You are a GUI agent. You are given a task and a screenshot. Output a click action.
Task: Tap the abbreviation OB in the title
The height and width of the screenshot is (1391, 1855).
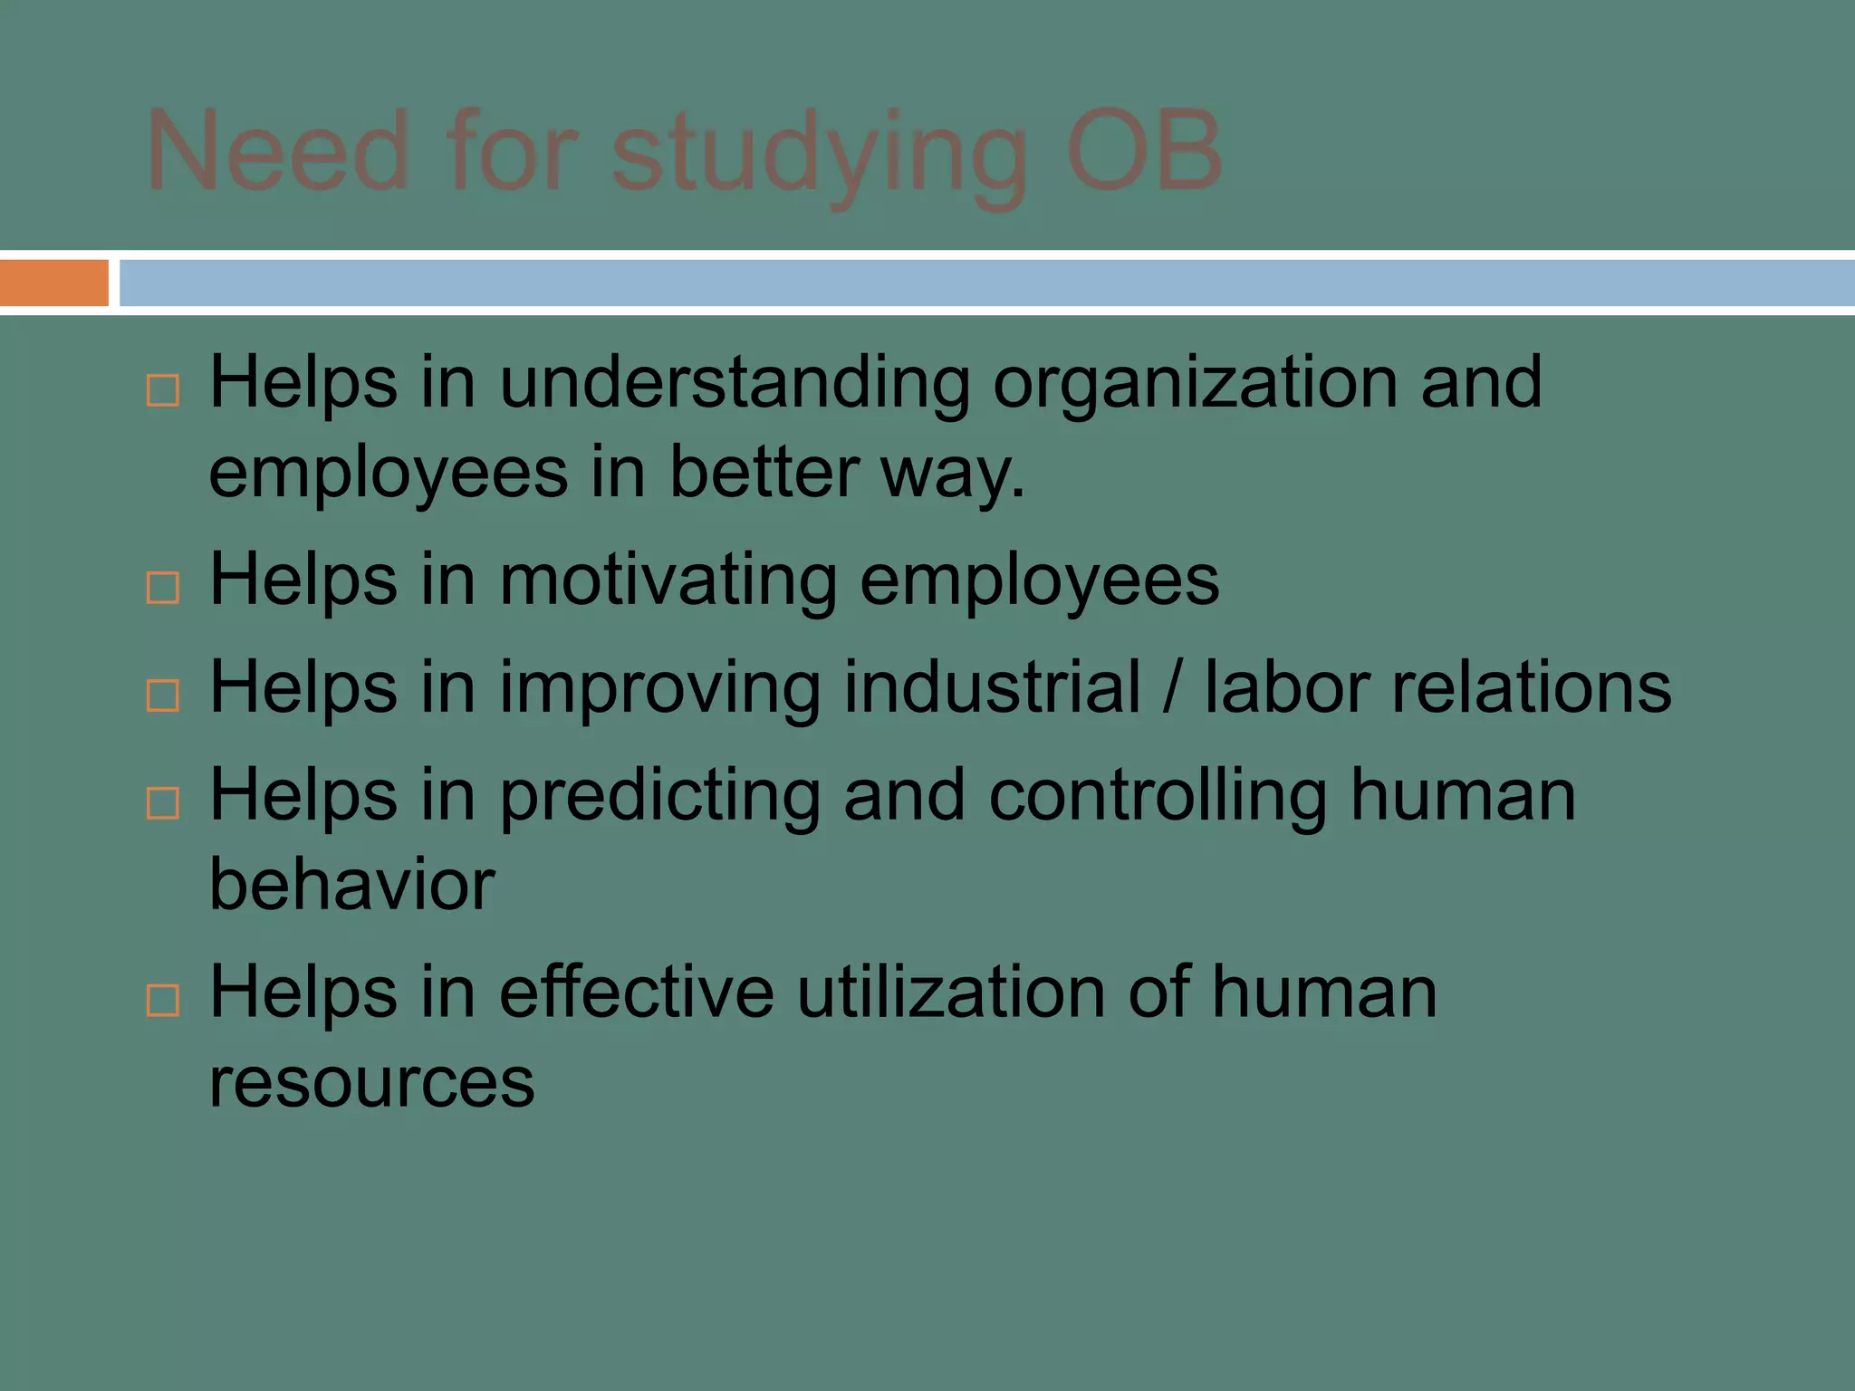click(x=1144, y=151)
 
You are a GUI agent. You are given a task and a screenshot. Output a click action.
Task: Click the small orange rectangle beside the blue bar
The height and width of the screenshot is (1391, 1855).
click(x=53, y=283)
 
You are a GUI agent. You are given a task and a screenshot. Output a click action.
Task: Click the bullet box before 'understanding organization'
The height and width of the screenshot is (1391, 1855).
click(x=163, y=390)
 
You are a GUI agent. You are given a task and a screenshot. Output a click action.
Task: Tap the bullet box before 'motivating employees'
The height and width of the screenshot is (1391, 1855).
click(x=163, y=588)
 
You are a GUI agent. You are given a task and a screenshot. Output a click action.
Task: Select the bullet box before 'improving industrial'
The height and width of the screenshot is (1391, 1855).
click(x=163, y=695)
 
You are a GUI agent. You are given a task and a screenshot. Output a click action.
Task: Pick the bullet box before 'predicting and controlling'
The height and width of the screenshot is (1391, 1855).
click(x=163, y=802)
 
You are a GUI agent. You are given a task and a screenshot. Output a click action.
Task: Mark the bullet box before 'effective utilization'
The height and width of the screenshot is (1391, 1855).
click(x=163, y=1000)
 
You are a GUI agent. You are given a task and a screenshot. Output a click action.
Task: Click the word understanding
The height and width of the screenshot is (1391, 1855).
click(x=735, y=384)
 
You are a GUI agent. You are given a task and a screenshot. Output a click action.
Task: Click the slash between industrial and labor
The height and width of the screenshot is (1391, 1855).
click(x=1172, y=688)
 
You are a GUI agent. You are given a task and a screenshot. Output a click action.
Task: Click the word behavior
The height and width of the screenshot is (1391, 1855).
click(x=352, y=884)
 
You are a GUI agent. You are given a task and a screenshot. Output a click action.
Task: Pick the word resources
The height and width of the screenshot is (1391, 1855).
click(x=372, y=1082)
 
